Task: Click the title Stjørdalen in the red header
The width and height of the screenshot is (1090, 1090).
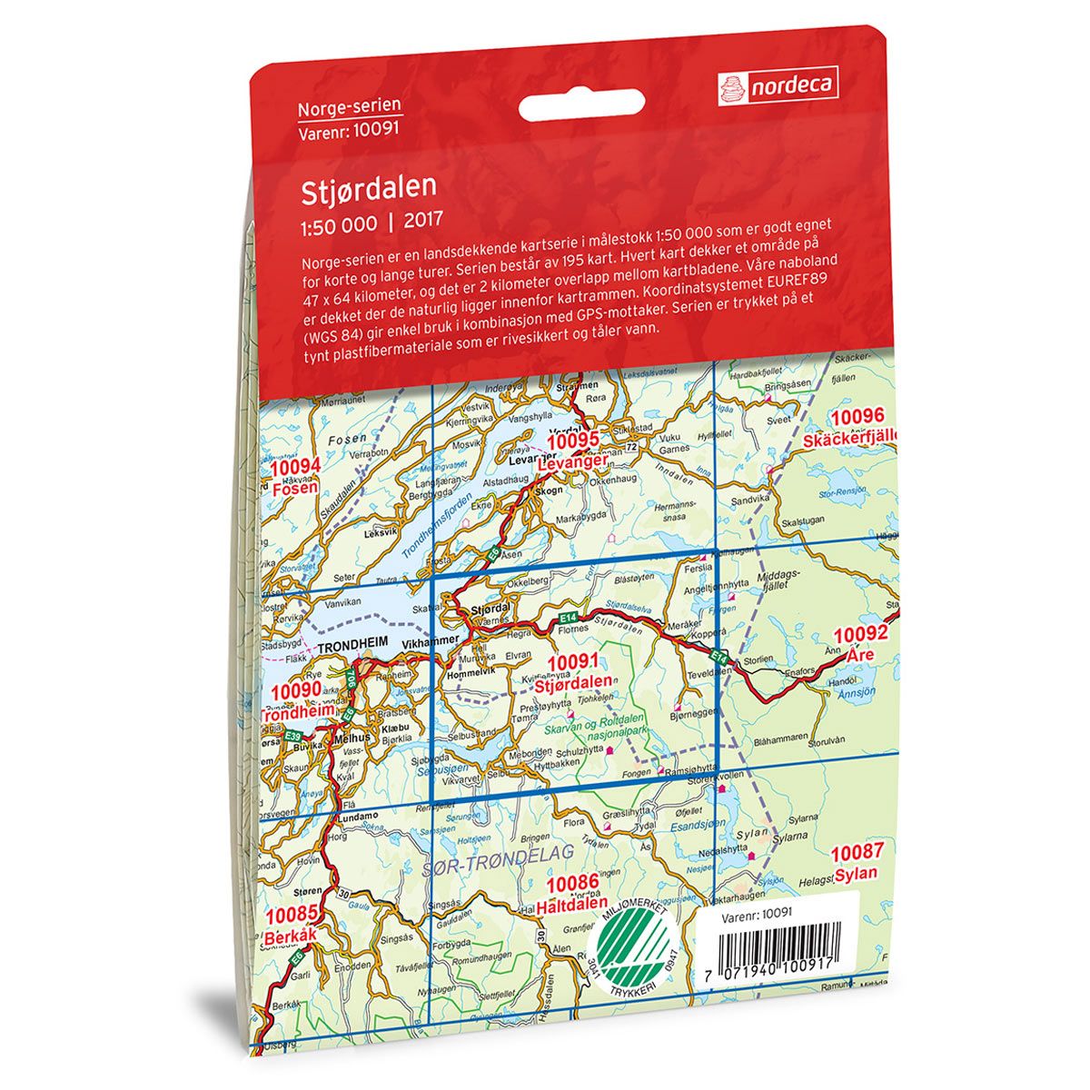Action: pos(371,187)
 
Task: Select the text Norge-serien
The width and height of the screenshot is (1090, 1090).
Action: pos(349,108)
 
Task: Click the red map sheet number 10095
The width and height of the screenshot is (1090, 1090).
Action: pos(576,441)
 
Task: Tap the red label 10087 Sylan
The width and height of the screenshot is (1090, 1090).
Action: pos(855,863)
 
